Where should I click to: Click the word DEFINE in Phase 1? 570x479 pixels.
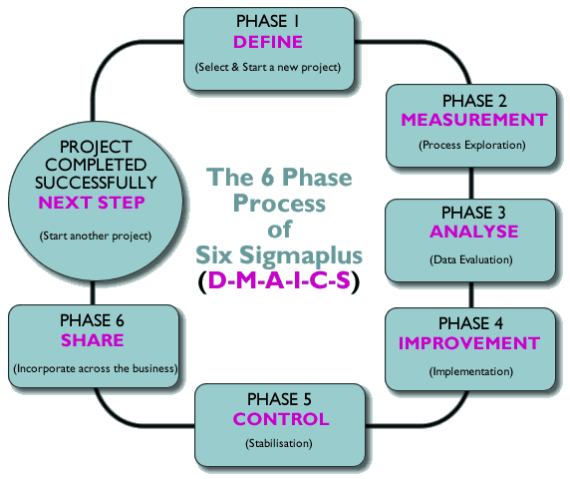[x=268, y=42]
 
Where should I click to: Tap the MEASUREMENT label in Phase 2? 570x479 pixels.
[x=474, y=120]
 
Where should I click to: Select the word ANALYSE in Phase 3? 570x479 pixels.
[x=474, y=232]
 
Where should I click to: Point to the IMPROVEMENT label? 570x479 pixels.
[x=469, y=343]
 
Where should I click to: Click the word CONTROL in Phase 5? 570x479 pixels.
[x=281, y=419]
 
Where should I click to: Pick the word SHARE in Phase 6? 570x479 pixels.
[x=93, y=340]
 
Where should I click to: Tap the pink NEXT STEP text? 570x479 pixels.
[x=92, y=203]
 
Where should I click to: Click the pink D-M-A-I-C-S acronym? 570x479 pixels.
[x=279, y=280]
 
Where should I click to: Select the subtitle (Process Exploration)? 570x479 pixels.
[x=472, y=146]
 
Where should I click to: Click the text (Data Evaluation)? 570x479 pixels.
[x=471, y=259]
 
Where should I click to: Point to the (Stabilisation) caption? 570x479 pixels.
[x=279, y=444]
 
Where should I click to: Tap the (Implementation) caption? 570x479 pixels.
[x=471, y=371]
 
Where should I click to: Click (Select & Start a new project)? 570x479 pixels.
[x=268, y=67]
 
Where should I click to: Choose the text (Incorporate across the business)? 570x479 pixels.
[x=96, y=368]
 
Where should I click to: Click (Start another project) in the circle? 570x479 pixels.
[x=96, y=236]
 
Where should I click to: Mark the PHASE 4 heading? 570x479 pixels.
[x=470, y=323]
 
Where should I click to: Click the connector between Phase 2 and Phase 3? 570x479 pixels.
[x=471, y=183]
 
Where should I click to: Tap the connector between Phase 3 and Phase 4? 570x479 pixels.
[x=471, y=294]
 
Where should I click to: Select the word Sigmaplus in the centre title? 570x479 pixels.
[x=301, y=255]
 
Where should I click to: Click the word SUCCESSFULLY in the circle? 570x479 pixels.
[x=96, y=183]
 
